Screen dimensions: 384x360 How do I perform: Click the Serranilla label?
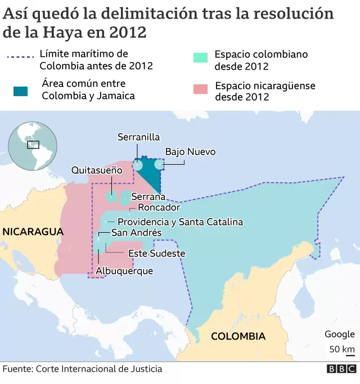[x=138, y=137]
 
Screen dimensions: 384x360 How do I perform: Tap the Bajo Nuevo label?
[x=190, y=152]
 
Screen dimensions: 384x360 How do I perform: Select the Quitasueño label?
[x=97, y=170]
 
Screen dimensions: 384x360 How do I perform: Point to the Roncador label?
[x=159, y=207]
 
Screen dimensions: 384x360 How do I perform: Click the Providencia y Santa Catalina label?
[x=180, y=222]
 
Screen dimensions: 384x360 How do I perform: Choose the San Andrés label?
[x=136, y=233]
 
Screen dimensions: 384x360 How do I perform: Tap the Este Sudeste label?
[x=156, y=254]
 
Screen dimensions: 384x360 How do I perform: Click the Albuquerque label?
[x=124, y=271]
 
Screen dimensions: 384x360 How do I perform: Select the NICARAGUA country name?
[x=32, y=232]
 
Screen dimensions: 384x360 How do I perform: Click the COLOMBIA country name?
[x=238, y=336]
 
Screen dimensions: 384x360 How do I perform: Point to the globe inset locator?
[x=32, y=145]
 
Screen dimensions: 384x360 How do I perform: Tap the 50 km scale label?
[x=342, y=349]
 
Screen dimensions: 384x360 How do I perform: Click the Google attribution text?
[x=340, y=334]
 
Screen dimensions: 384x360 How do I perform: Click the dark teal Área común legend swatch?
[x=21, y=91]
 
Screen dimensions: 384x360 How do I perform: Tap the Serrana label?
[x=148, y=197]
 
